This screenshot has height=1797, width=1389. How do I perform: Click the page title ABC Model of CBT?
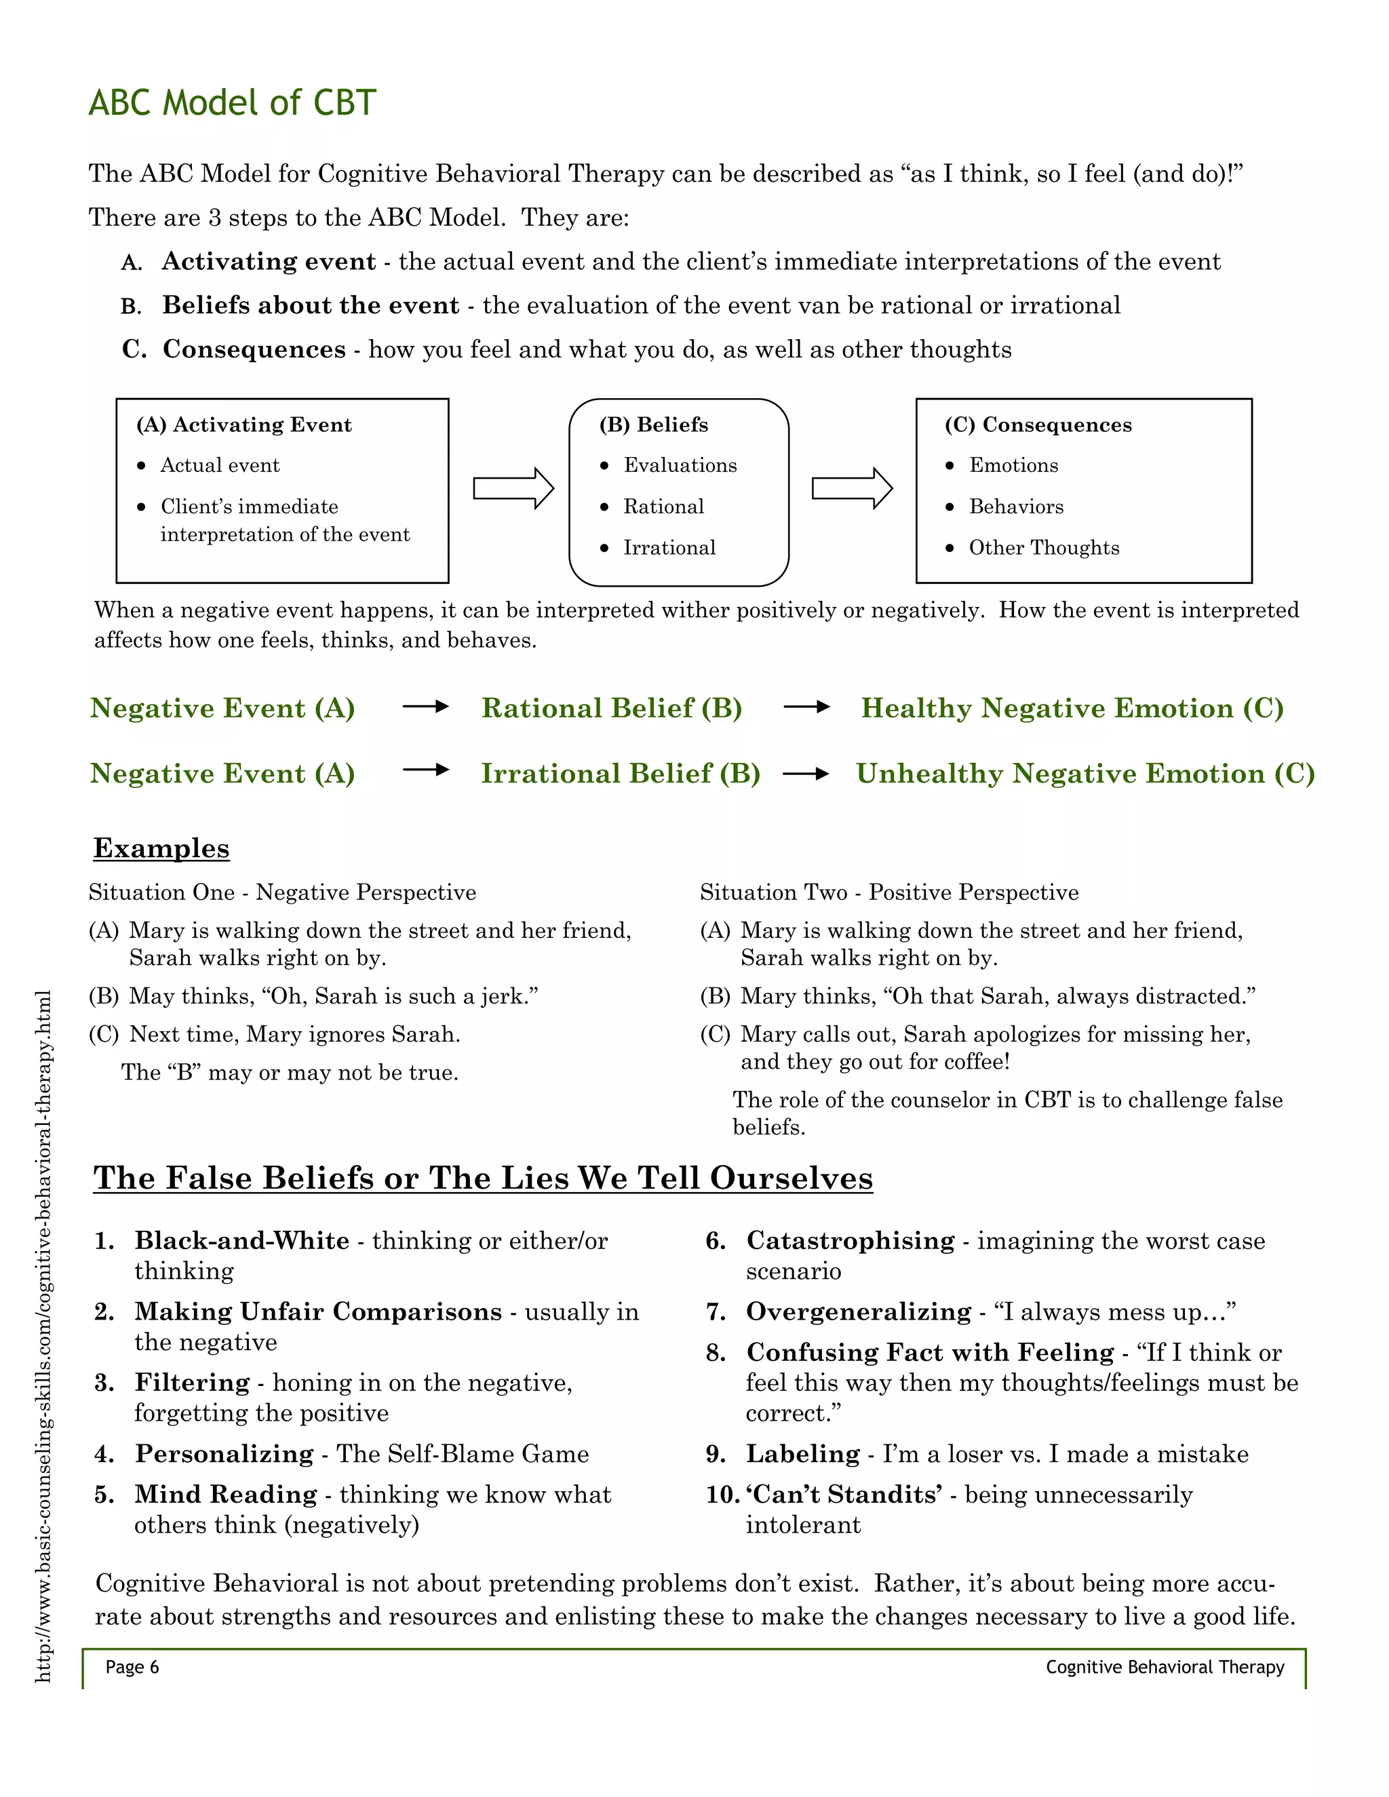(x=232, y=103)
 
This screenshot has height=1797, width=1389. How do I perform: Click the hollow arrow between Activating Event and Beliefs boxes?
(x=513, y=489)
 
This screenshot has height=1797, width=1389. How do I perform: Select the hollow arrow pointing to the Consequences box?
(x=852, y=489)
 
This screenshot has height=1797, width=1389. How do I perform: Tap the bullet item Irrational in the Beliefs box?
(x=669, y=548)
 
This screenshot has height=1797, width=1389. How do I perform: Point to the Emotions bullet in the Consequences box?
(x=1013, y=466)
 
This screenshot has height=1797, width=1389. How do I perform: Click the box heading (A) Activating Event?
(x=244, y=424)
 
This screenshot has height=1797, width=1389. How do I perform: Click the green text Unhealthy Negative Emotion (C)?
(x=1084, y=774)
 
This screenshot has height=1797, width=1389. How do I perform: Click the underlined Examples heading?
(x=161, y=848)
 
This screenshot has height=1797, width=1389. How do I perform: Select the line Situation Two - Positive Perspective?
(x=888, y=893)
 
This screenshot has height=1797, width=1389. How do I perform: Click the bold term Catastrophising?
(x=850, y=1241)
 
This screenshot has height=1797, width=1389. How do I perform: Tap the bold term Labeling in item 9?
(x=802, y=1454)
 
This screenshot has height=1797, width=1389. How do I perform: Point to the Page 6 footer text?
(x=132, y=1667)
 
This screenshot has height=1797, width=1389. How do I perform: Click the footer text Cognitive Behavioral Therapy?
(x=1165, y=1667)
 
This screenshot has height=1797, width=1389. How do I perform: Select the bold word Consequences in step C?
(x=254, y=350)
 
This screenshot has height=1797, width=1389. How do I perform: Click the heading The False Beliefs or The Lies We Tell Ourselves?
(x=483, y=1179)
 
